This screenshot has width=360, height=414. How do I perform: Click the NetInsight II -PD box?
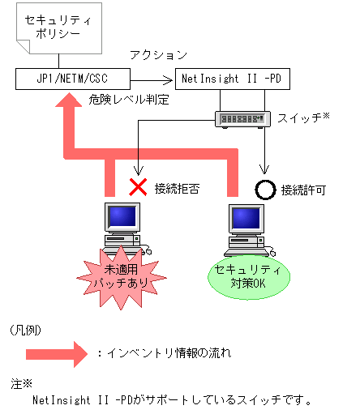tap(232, 79)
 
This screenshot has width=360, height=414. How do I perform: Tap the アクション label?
tap(158, 56)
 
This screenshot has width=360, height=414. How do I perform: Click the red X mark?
tap(139, 188)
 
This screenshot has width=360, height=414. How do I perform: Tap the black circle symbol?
tap(265, 189)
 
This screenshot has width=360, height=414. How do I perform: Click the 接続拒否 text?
tap(178, 189)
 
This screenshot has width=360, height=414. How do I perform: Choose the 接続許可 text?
tap(303, 190)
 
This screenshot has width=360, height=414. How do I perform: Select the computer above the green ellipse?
tap(248, 224)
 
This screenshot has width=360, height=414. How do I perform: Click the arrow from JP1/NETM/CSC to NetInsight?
tap(154, 79)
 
